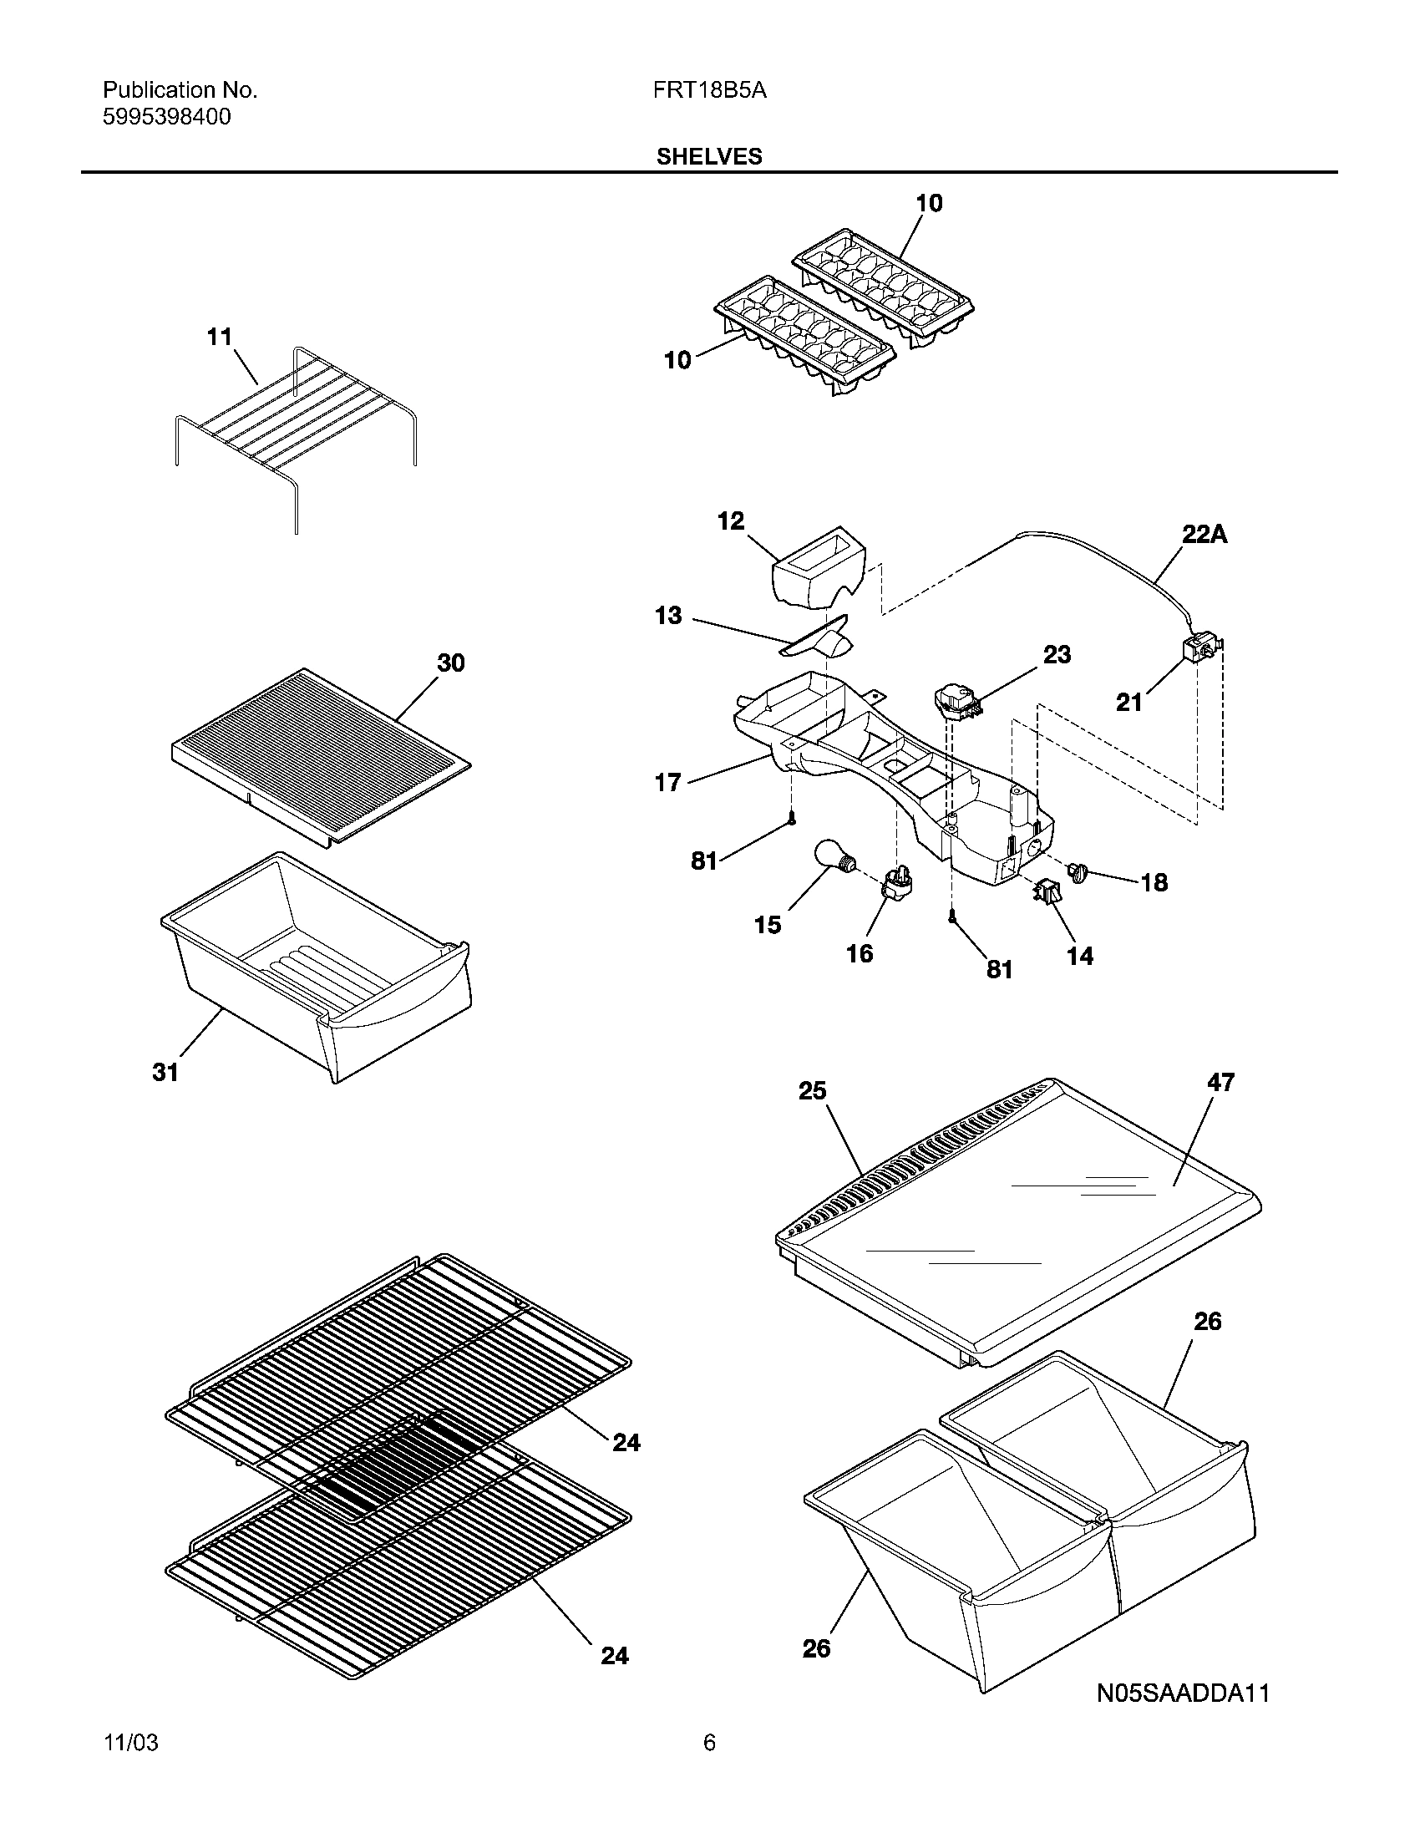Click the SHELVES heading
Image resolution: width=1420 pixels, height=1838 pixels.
[x=708, y=156]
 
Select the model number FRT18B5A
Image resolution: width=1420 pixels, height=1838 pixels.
[x=708, y=90]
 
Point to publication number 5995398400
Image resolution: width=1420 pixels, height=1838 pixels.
[x=166, y=117]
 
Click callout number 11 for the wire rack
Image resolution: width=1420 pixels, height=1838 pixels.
[x=220, y=337]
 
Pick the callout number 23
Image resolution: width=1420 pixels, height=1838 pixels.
[x=1057, y=654]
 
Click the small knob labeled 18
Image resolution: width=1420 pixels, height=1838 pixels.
[x=1078, y=872]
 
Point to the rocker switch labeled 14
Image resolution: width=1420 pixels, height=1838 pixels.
[x=1047, y=891]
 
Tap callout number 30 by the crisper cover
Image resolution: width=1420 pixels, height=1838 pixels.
[x=450, y=663]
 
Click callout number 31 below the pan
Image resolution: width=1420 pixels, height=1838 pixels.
[x=165, y=1072]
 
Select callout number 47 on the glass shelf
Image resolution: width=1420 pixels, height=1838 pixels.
[x=1220, y=1082]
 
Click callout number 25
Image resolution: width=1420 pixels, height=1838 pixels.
[x=812, y=1090]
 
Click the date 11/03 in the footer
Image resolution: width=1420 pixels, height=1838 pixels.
[x=130, y=1766]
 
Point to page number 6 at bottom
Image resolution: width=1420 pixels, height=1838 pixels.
[x=708, y=1766]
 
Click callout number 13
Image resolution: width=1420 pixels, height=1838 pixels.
[x=668, y=615]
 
